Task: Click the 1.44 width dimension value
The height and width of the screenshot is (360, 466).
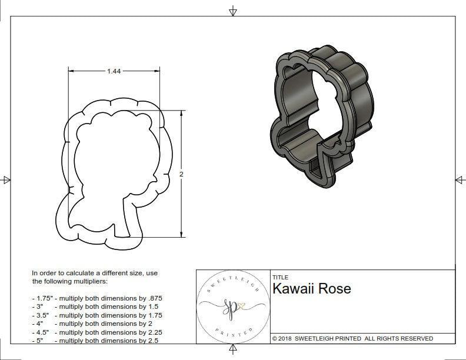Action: [x=114, y=71]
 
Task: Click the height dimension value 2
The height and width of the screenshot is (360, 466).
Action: [x=181, y=175]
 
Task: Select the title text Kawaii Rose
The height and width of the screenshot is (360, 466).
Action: [x=311, y=289]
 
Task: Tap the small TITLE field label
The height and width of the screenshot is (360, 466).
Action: [x=280, y=277]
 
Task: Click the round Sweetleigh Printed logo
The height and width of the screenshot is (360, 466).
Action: [x=231, y=305]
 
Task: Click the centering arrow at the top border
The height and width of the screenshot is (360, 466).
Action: [x=233, y=11]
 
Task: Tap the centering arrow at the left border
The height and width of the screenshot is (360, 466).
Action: [x=6, y=179]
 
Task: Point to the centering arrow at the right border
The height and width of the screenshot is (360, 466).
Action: [x=460, y=179]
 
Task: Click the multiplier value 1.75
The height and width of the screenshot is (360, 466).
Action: [x=154, y=315]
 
